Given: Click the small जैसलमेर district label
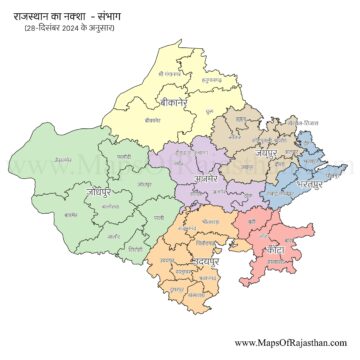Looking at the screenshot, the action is click(63, 157).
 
